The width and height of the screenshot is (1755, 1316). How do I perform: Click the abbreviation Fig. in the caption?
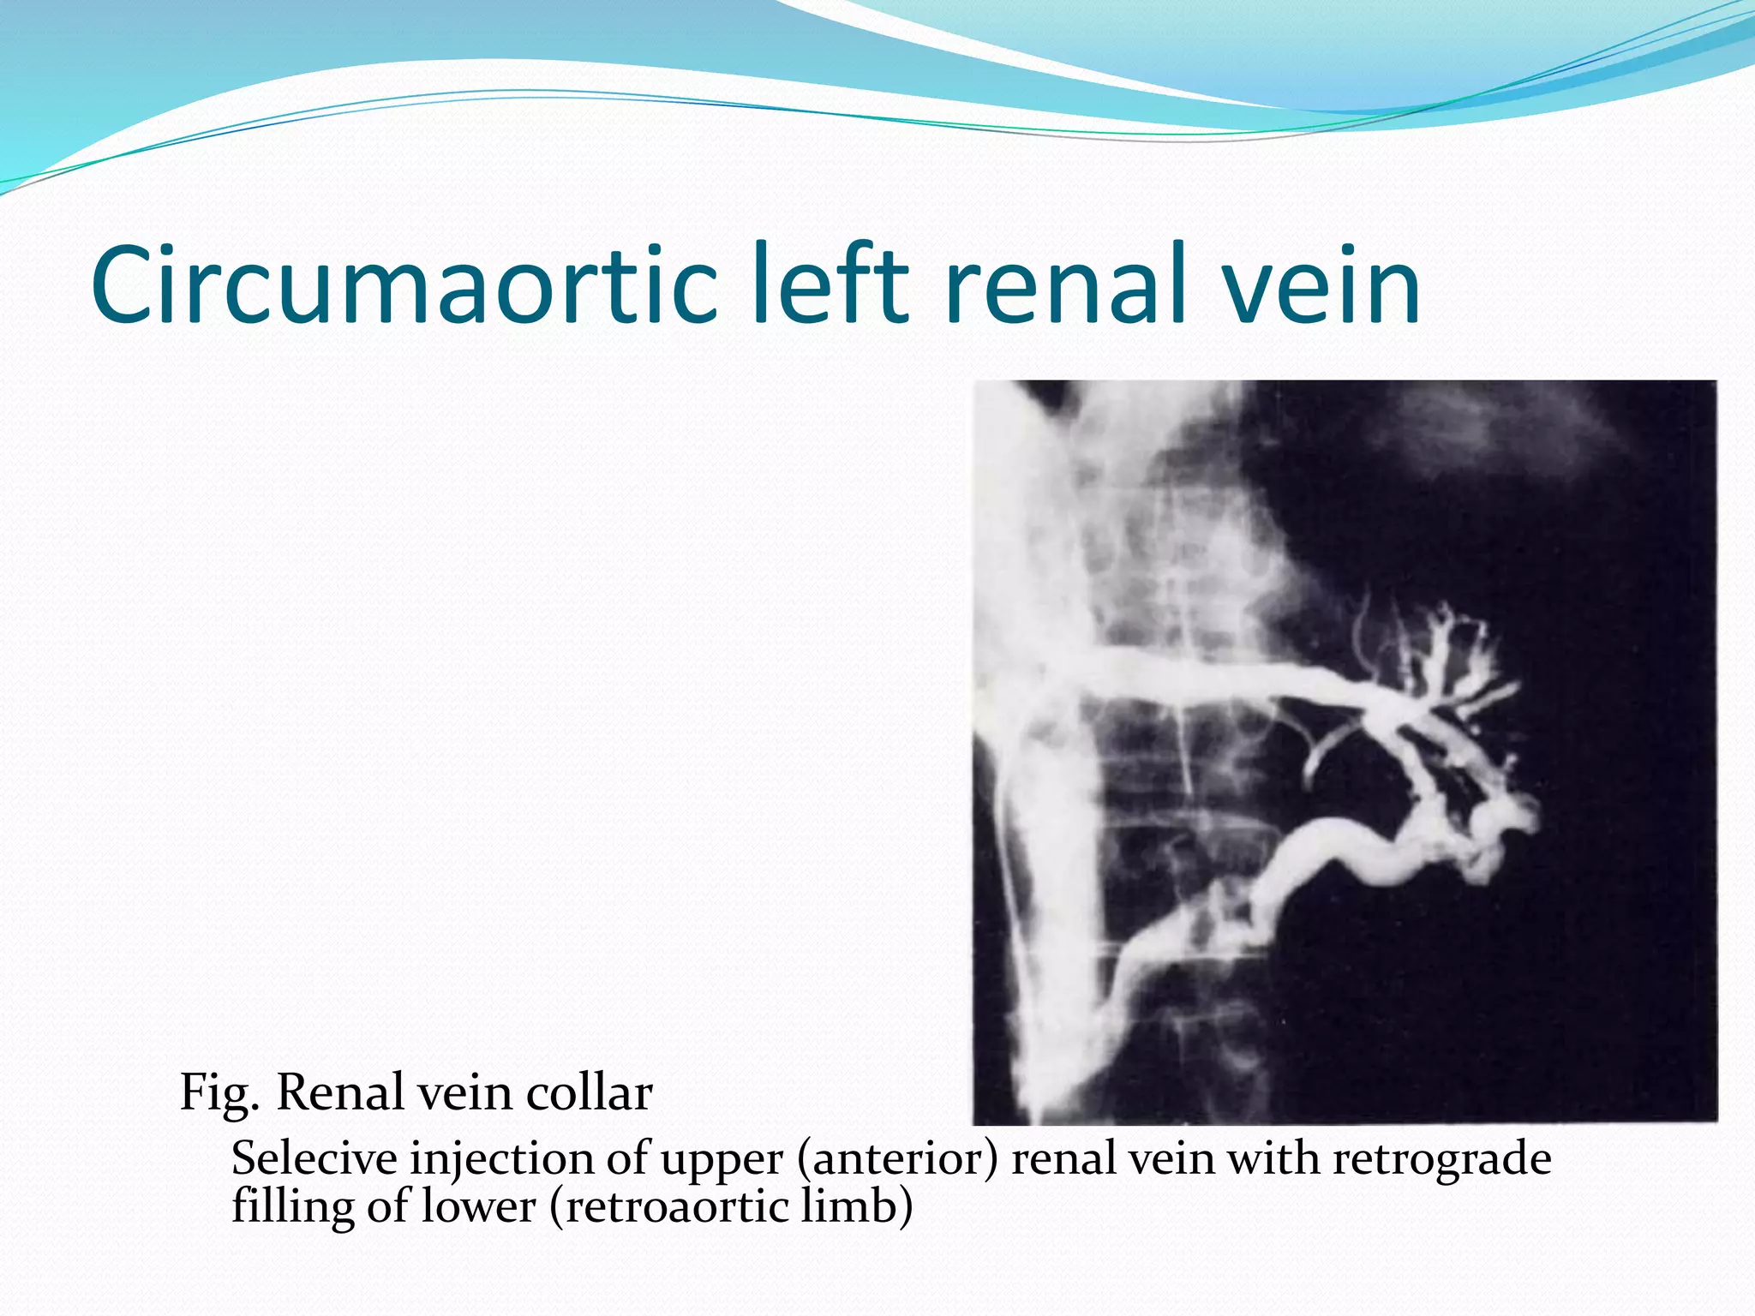219,1094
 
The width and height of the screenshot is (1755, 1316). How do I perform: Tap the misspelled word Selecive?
314,1159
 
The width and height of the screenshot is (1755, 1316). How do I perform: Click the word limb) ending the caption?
857,1206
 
